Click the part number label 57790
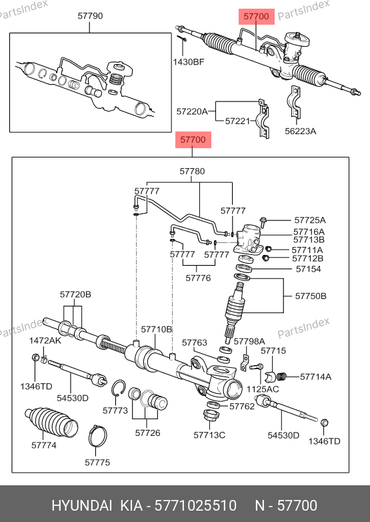point(90,15)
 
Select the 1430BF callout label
point(189,61)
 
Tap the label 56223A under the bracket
point(300,131)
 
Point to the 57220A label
point(192,111)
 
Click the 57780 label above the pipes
point(192,171)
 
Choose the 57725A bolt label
point(310,220)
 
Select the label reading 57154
point(308,269)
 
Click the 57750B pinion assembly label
point(311,296)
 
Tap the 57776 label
point(198,278)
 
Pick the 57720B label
point(75,294)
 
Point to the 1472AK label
point(45,340)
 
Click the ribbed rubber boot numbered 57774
point(51,422)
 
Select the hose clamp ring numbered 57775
point(98,435)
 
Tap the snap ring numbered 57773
point(119,388)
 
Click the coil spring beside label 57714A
point(281,376)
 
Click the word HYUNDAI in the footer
point(82,505)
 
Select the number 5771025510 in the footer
point(196,505)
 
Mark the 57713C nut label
point(209,435)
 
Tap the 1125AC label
point(263,389)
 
